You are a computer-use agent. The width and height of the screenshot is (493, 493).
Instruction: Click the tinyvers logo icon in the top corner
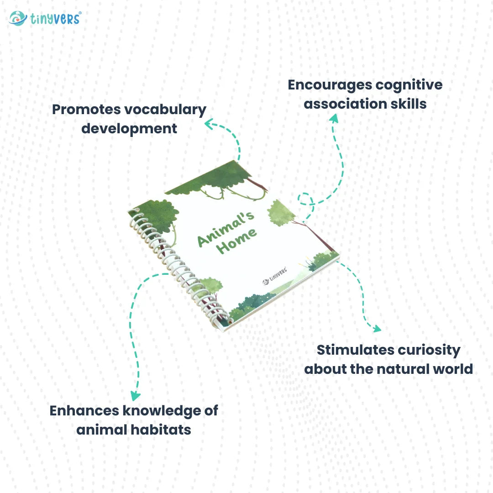[18, 18]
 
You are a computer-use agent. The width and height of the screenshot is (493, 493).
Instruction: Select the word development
[129, 129]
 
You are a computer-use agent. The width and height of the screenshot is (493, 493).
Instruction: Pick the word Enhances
[84, 410]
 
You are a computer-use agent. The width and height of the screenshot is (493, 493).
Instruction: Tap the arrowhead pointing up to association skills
[334, 119]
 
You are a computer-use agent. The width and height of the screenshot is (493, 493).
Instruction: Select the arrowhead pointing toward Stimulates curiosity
[377, 328]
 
